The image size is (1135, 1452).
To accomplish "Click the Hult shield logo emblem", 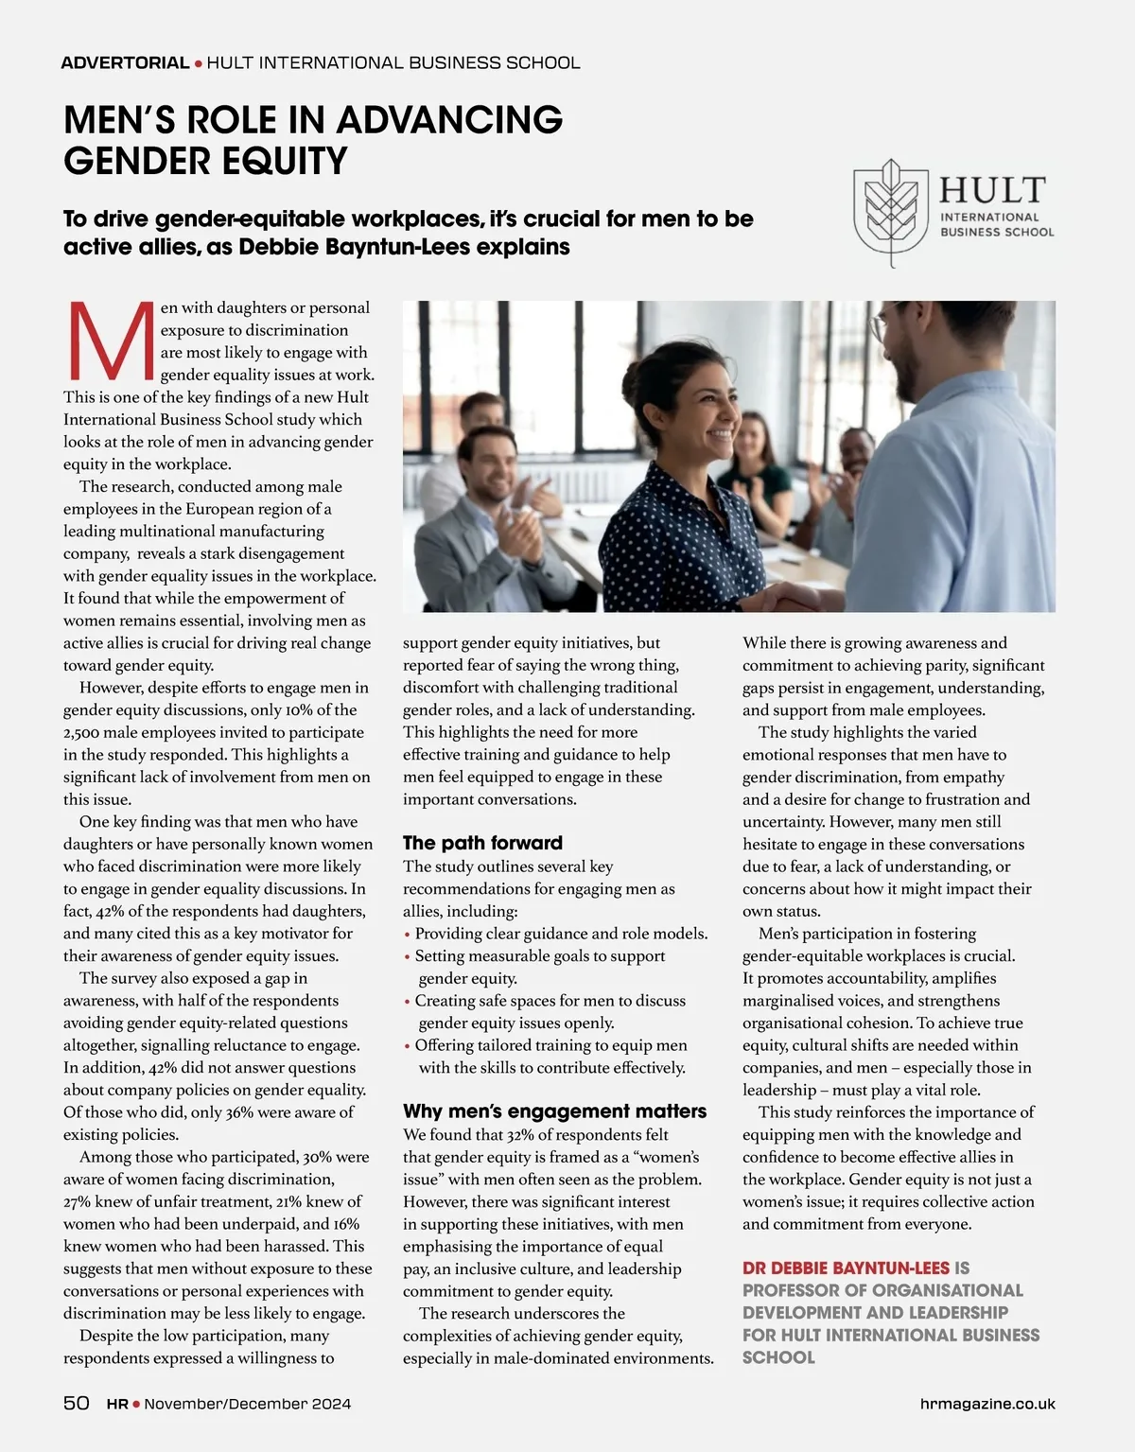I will (890, 212).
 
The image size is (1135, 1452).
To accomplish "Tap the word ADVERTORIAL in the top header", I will (125, 63).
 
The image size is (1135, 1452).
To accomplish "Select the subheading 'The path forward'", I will (482, 843).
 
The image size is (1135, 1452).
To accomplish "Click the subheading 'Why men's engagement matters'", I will (554, 1111).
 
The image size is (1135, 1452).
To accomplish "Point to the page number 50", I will (77, 1403).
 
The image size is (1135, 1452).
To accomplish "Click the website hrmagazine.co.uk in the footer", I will (987, 1404).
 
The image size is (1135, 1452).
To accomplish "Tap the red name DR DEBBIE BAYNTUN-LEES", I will (846, 1268).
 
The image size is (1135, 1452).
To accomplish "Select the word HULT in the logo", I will (992, 190).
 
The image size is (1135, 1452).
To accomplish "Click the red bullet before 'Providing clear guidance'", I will (407, 935).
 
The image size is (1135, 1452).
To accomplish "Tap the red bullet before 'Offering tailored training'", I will (407, 1046).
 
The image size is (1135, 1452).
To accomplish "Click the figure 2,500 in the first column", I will (81, 733).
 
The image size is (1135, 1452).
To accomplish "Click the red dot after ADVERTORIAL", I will (198, 63).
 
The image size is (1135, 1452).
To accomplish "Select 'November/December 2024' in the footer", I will (247, 1404).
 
